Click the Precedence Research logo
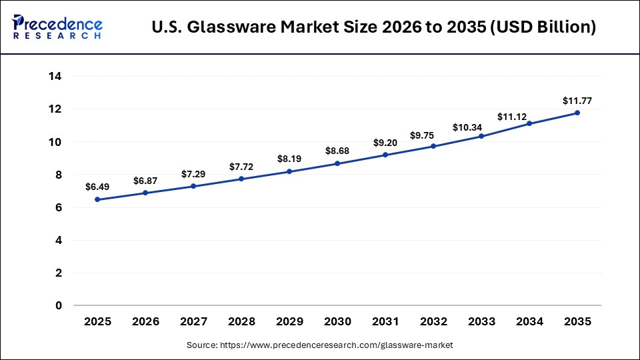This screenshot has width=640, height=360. (x=57, y=27)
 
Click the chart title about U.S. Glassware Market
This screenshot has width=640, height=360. (x=374, y=27)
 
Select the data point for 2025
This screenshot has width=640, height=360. (x=97, y=199)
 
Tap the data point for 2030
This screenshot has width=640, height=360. (x=337, y=163)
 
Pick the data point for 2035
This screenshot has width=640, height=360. (x=577, y=113)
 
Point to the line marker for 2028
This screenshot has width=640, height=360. (x=241, y=179)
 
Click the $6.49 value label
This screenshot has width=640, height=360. (x=97, y=187)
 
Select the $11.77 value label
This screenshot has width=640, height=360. (x=577, y=101)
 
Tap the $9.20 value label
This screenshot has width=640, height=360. (x=385, y=143)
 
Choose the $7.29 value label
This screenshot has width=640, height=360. (x=193, y=174)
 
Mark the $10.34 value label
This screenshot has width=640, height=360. (x=481, y=127)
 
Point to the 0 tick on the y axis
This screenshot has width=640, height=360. (x=59, y=305)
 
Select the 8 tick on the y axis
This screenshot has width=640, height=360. (x=59, y=175)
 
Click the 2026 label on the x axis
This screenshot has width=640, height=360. (x=145, y=321)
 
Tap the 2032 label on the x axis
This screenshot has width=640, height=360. (x=433, y=321)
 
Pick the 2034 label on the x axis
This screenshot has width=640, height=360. (x=529, y=321)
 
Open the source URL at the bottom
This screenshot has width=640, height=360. (x=320, y=345)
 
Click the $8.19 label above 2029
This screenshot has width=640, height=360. (x=289, y=159)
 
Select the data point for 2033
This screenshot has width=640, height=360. (x=481, y=136)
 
